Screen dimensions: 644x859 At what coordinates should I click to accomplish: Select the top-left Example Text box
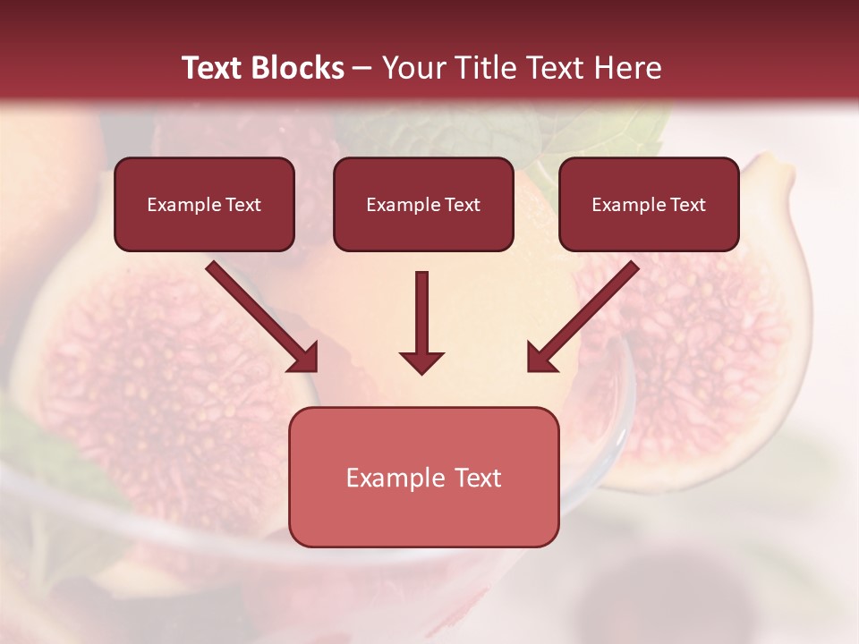(204, 204)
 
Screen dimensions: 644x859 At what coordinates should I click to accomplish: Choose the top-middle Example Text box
(423, 204)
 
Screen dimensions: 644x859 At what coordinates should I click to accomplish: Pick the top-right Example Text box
(649, 204)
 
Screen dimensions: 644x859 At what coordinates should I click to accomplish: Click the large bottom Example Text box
(423, 477)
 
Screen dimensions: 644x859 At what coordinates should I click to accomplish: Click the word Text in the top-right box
(687, 205)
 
